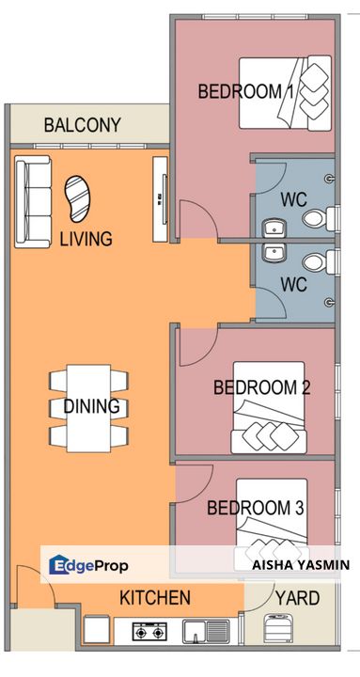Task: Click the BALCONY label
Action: coord(83,125)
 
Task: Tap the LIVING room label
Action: coord(86,239)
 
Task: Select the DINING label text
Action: coord(92,407)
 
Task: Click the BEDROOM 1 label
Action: coord(246,92)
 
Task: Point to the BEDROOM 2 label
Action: coord(262,386)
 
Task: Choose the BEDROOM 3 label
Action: coord(255,508)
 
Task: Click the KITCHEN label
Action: coord(155,598)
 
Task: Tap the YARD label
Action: coord(297,598)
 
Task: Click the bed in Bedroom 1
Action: coord(285,92)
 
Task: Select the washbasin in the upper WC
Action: coord(274,228)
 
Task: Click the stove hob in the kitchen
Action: coord(149,631)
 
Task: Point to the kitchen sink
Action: coord(204,631)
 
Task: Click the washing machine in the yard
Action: coord(281,630)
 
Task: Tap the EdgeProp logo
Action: coord(88,566)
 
